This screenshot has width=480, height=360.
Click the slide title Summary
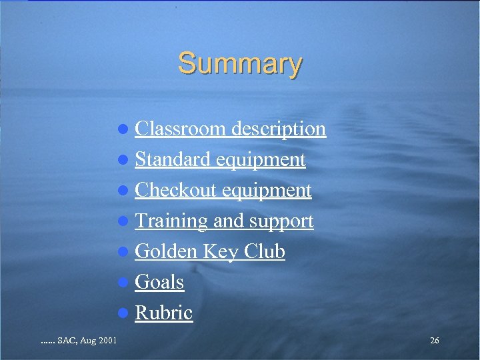click(240, 64)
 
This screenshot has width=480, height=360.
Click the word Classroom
click(181, 129)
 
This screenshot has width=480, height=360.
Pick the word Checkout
click(176, 191)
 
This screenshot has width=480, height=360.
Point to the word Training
click(171, 221)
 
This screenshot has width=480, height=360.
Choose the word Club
click(265, 252)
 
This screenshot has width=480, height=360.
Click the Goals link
click(159, 283)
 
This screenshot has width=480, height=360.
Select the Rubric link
click(163, 313)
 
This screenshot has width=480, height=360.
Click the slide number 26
click(435, 341)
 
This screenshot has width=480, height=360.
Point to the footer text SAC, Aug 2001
click(79, 341)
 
